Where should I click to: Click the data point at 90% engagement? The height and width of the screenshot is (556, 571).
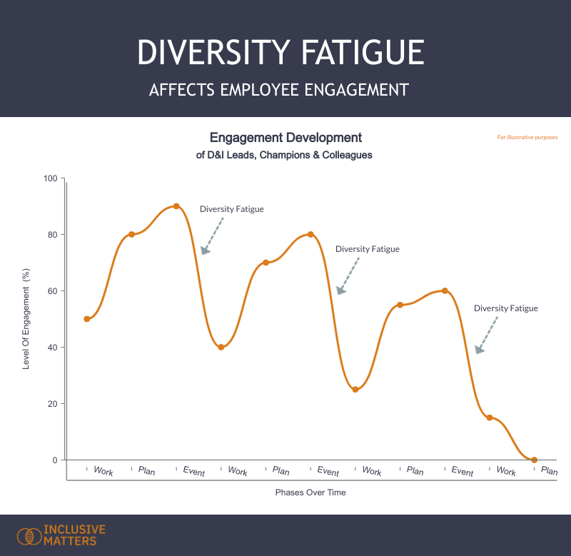(176, 206)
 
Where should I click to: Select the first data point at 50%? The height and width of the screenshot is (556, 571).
(87, 319)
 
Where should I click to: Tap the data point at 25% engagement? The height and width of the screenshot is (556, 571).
(355, 390)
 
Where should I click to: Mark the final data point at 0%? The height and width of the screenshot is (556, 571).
(534, 460)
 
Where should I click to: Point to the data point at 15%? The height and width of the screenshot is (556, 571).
(490, 418)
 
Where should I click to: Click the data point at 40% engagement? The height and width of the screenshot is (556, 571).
(221, 348)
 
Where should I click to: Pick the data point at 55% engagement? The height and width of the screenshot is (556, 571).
(400, 305)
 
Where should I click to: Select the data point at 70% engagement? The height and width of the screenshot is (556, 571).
(266, 263)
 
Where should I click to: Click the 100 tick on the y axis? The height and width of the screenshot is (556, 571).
(49, 178)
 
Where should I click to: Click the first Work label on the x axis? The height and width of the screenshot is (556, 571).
(103, 472)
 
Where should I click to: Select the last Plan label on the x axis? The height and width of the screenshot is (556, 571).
(549, 471)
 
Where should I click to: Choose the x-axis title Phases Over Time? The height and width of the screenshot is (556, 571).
(310, 492)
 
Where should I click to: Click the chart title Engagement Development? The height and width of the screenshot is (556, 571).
(285, 138)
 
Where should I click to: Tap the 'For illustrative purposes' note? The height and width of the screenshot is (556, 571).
(527, 137)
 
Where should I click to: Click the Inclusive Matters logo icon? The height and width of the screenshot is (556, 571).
(29, 535)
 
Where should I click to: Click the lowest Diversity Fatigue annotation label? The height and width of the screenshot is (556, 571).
(505, 308)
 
